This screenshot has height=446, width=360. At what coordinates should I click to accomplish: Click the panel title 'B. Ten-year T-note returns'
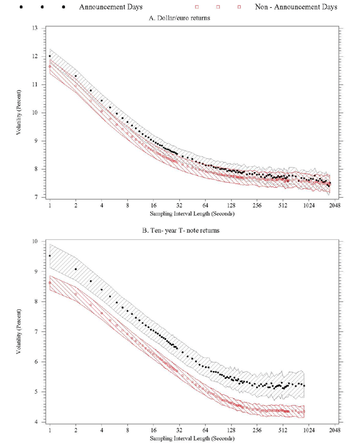click(x=179, y=232)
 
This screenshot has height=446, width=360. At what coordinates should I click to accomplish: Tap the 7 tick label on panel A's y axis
click(x=37, y=197)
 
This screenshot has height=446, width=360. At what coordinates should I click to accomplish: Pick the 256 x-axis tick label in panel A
click(x=257, y=205)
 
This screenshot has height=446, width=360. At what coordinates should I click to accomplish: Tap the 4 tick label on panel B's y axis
click(x=37, y=423)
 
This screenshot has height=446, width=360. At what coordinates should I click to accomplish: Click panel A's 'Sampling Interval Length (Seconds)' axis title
click(x=179, y=213)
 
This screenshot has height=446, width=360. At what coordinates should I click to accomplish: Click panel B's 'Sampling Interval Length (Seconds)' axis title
click(x=179, y=439)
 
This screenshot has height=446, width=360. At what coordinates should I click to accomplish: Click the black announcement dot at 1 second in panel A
click(x=50, y=56)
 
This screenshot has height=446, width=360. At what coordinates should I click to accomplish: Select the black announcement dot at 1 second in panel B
click(x=50, y=256)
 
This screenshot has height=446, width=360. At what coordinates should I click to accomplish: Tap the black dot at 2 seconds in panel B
click(x=76, y=269)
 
